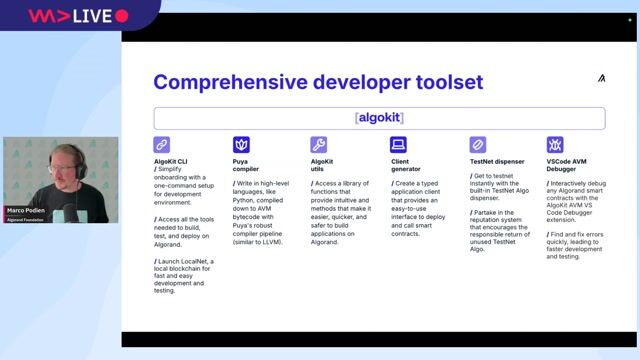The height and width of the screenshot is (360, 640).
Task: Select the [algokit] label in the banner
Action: tap(379, 118)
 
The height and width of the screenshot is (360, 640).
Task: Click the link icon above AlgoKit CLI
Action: tap(162, 145)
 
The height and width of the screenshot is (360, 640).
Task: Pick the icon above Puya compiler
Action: tap(241, 145)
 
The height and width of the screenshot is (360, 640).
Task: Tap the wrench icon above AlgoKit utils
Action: tap(319, 145)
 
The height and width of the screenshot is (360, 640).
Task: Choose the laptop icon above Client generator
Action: tap(398, 145)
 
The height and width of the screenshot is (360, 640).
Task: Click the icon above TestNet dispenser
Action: tap(477, 145)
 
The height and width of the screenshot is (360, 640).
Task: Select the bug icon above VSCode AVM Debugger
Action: tap(555, 145)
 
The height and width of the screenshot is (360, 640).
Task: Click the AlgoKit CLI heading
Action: tap(172, 161)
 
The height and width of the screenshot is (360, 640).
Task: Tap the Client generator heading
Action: tap(408, 165)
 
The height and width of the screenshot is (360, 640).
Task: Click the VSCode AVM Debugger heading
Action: tap(569, 165)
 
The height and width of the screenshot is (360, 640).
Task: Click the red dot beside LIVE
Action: tap(122, 16)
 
